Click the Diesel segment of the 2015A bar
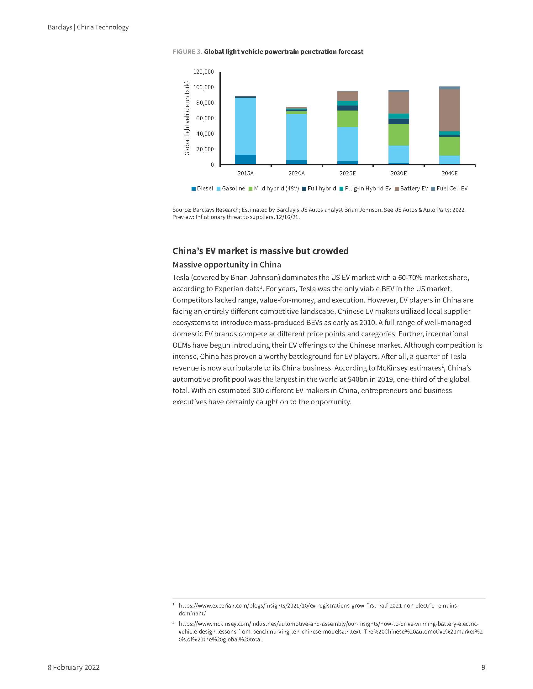pyautogui.click(x=245, y=159)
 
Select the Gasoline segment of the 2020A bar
pyautogui.click(x=297, y=137)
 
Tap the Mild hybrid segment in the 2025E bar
pyautogui.click(x=347, y=119)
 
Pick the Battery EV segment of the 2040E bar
pyautogui.click(x=450, y=110)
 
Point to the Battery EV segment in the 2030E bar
pyautogui.click(x=398, y=102)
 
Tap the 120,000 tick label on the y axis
pyautogui.click(x=203, y=72)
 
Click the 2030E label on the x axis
pyautogui.click(x=398, y=173)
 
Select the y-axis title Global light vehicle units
pyautogui.click(x=187, y=118)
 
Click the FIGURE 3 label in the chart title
pyautogui.click(x=187, y=52)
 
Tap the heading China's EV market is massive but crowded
pyautogui.click(x=260, y=251)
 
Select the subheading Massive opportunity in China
pyautogui.click(x=226, y=264)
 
